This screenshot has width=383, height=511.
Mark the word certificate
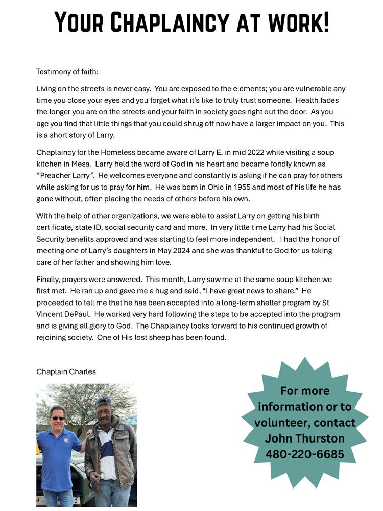click(x=54, y=227)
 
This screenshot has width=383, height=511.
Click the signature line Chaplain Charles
click(x=66, y=371)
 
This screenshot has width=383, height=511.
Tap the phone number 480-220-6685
click(x=304, y=454)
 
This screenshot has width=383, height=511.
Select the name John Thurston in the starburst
click(x=304, y=438)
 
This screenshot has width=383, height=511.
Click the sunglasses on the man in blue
click(x=58, y=419)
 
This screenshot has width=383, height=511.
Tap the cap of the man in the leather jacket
click(x=104, y=402)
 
